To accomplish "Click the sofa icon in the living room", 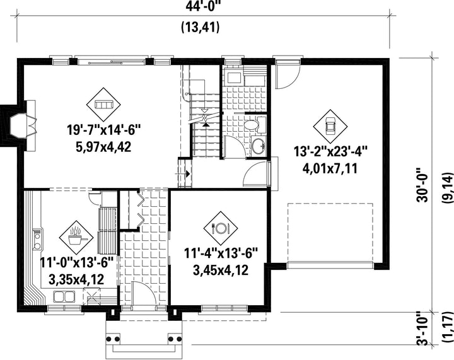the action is coord(103,105).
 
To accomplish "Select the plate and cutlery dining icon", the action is coord(221,228).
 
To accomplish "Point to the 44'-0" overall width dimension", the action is coord(203,6).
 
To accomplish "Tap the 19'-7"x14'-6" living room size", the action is coord(103,130).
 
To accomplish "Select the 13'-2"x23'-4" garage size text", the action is coord(330,151).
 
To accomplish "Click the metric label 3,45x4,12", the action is coord(221,270).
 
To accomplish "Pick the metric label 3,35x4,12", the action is coord(76,279).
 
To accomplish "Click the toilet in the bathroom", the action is coord(255,125).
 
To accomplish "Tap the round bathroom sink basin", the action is coord(257,146).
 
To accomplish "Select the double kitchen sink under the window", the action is coord(64,296).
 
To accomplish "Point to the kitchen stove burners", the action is coord(37,239).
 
